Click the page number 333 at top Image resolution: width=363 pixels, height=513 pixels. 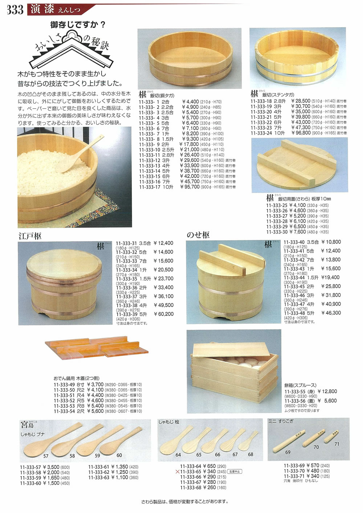(x=15, y=9)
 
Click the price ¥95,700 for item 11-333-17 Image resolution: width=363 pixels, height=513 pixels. (x=189, y=187)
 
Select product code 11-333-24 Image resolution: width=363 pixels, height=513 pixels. (x=261, y=133)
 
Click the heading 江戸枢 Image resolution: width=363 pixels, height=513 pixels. (x=30, y=236)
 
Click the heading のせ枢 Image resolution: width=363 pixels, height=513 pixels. (x=198, y=235)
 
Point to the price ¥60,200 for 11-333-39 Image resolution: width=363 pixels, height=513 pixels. (x=164, y=314)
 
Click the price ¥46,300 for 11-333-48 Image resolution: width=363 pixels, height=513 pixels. (x=331, y=313)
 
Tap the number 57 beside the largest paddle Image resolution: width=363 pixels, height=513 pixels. (x=46, y=456)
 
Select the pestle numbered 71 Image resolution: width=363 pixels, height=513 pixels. (x=331, y=436)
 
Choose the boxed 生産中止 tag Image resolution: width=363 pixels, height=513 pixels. (x=235, y=472)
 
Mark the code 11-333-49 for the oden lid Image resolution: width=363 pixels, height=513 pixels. (x=64, y=385)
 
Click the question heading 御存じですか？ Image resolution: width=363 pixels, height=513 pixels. (x=78, y=25)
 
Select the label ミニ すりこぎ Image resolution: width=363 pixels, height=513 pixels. (x=281, y=421)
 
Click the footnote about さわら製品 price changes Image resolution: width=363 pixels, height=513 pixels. (x=184, y=502)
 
